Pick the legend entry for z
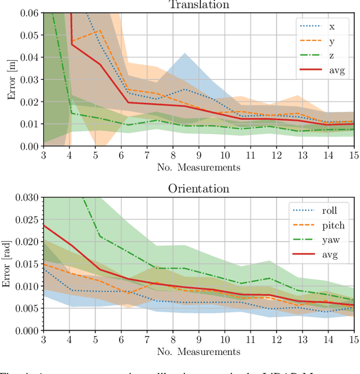point(332,55)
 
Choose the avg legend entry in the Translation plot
point(337,70)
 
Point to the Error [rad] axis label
point(7,264)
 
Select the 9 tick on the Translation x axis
point(199,155)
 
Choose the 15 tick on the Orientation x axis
point(352,340)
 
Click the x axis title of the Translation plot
point(198,167)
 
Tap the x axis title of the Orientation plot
point(198,352)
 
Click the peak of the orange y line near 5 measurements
point(100,30)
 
